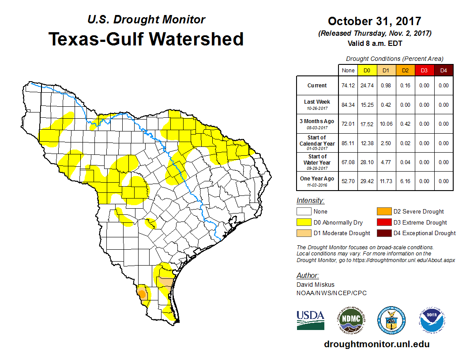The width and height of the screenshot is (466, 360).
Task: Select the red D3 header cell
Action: (x=424, y=70)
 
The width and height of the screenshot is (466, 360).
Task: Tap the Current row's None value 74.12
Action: (x=348, y=86)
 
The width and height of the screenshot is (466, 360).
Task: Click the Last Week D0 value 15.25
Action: (x=367, y=105)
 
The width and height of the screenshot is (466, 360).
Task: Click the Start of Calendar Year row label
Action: (x=317, y=143)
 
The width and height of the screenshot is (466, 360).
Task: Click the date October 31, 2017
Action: (x=374, y=21)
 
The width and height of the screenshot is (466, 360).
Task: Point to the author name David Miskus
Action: (x=315, y=285)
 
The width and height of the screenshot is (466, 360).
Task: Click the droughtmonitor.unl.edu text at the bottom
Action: (x=376, y=344)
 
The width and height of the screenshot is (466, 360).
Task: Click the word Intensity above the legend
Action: (x=310, y=201)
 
